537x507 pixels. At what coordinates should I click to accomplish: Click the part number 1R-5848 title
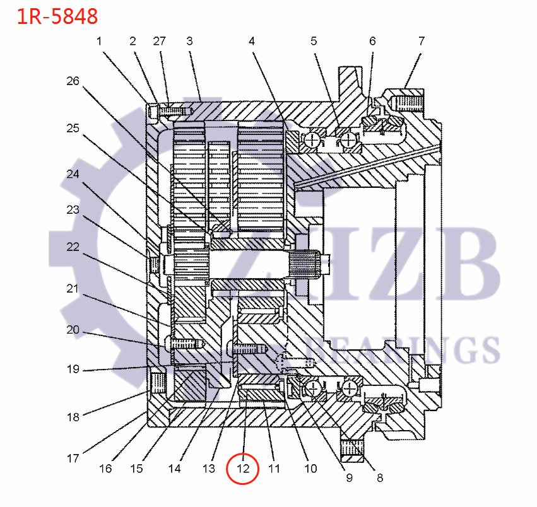click(x=57, y=16)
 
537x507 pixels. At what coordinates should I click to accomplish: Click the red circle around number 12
click(x=243, y=469)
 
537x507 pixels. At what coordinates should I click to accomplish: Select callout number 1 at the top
click(x=99, y=42)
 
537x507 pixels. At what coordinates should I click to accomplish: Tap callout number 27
click(x=159, y=42)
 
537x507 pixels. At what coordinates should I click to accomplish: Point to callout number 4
click(x=252, y=42)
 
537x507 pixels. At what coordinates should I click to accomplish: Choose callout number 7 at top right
click(x=421, y=42)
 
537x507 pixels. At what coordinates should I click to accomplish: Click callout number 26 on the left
click(x=73, y=81)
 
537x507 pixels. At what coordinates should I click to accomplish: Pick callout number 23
click(x=73, y=209)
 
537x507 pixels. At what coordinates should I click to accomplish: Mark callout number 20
click(x=73, y=329)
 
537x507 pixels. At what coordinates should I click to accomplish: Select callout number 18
click(x=73, y=417)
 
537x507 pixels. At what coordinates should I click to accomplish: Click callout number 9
click(x=349, y=477)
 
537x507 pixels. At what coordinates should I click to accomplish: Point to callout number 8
click(x=380, y=477)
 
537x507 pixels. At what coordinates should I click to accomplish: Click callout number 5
click(x=314, y=42)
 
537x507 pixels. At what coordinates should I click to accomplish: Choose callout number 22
click(x=73, y=247)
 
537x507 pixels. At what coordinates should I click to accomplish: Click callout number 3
click(x=189, y=42)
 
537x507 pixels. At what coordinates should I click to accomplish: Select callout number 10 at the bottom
click(x=310, y=469)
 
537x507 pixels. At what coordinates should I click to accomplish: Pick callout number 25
click(x=73, y=128)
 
